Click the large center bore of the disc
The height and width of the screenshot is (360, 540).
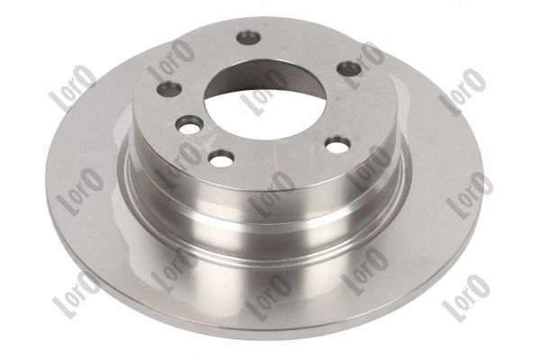[265, 99]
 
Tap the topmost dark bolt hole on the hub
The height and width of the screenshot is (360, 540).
[248, 37]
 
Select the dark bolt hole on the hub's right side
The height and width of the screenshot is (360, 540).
[348, 68]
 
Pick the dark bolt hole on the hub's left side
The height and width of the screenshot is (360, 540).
[169, 89]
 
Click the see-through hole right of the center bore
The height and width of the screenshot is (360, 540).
[338, 144]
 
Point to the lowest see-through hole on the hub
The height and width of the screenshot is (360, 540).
[222, 157]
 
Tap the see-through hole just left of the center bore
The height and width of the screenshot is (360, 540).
[188, 124]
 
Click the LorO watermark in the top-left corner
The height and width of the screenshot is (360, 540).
[73, 89]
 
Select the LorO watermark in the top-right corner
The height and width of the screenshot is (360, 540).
[463, 91]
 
